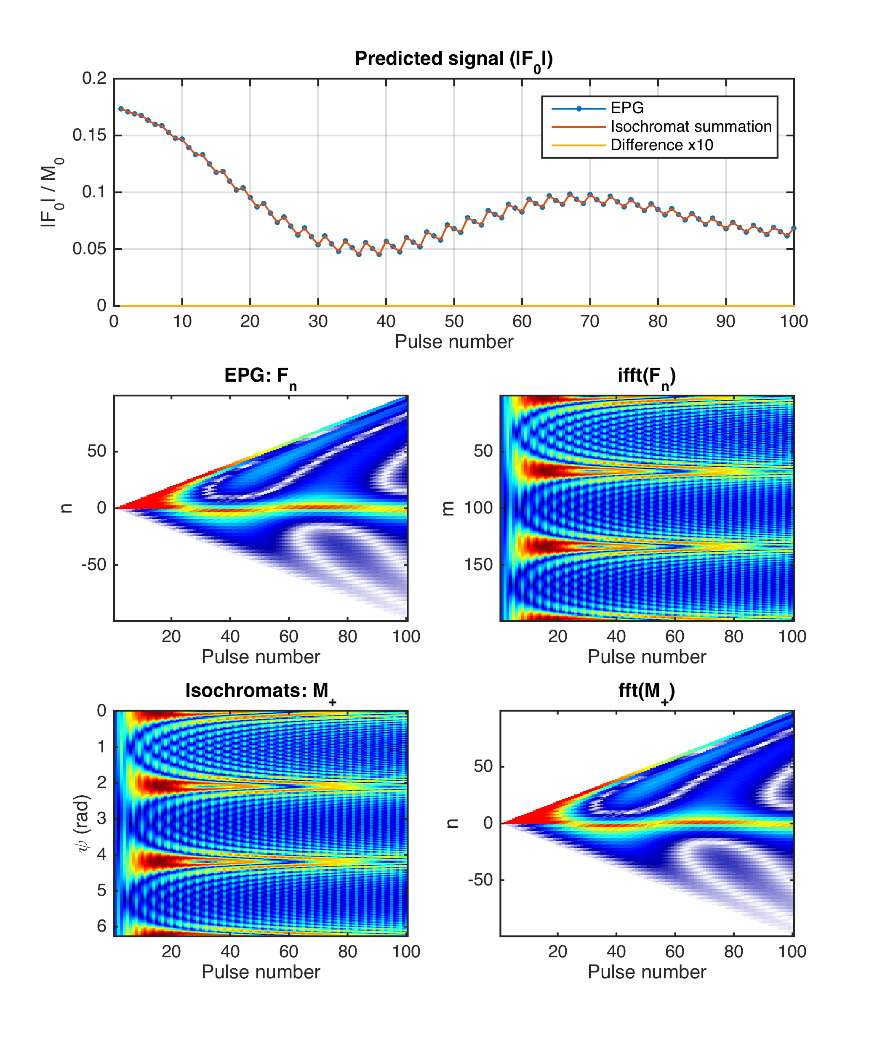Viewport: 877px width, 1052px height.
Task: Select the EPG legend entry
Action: pos(627,108)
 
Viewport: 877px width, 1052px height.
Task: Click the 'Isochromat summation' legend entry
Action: pos(690,127)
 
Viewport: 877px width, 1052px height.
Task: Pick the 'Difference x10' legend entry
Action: pos(661,145)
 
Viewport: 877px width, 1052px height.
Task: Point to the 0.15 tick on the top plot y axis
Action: pos(89,135)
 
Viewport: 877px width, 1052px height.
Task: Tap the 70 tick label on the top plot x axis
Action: pos(589,321)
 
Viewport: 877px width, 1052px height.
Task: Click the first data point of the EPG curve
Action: pos(121,108)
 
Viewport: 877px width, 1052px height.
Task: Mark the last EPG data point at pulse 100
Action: pos(794,228)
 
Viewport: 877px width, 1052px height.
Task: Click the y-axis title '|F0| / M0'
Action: pos(52,192)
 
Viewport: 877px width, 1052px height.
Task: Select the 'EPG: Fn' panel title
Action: pos(260,376)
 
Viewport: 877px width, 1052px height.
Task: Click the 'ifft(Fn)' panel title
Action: pos(646,376)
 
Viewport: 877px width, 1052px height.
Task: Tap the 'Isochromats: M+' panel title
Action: pos(260,691)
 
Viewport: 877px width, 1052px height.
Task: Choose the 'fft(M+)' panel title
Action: pos(646,691)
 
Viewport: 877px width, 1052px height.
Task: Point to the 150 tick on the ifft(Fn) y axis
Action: pos(478,565)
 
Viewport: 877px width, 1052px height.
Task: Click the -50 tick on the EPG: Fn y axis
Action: pos(94,565)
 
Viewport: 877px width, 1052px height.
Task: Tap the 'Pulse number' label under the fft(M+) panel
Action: pos(646,972)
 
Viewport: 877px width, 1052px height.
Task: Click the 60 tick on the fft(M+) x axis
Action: pos(675,951)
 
